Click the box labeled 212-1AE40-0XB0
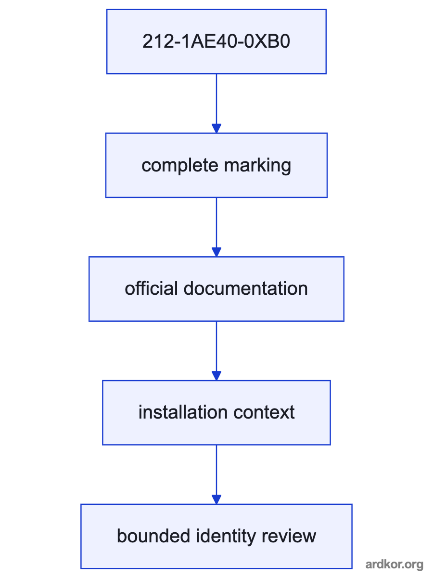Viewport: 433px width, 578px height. [216, 41]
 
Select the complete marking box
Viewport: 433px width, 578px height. [216, 165]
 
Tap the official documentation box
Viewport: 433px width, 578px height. [216, 289]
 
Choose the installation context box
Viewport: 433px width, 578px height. [216, 413]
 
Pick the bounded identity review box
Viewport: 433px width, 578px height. [216, 537]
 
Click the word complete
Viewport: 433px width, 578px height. [180, 165]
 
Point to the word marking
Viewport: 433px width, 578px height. [257, 166]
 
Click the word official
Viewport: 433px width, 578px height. [151, 289]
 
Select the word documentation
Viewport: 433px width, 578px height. [245, 289]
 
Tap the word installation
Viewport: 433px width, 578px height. [183, 412]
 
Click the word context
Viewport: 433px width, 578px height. [264, 412]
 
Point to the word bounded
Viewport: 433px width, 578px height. [153, 536]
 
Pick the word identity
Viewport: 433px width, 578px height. [226, 537]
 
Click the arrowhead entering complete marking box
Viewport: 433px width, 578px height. [216, 128]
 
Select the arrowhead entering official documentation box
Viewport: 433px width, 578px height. [216, 252]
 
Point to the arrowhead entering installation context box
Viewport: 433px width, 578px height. [216, 376]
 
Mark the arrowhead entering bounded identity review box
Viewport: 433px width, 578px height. [216, 499]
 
